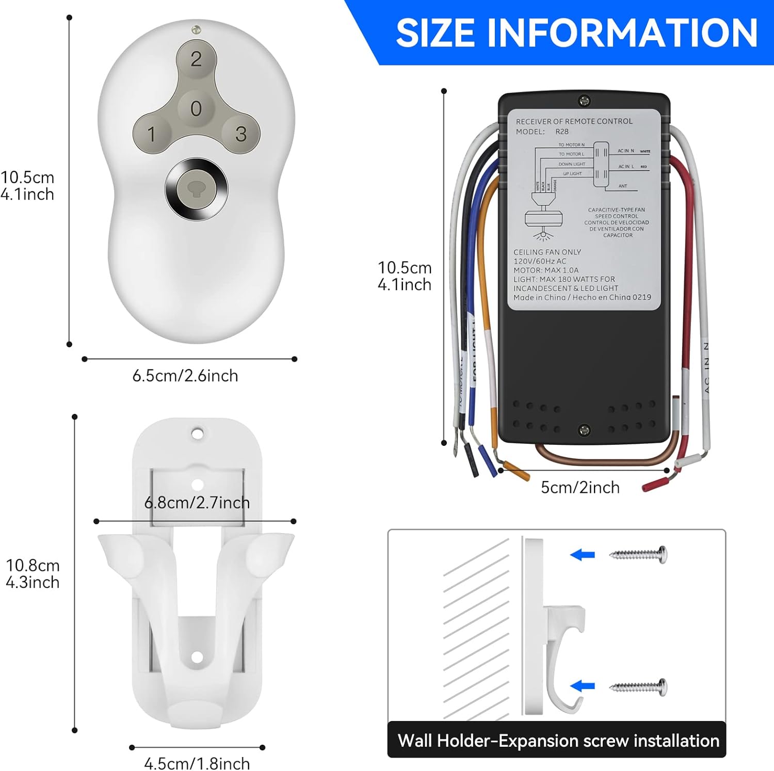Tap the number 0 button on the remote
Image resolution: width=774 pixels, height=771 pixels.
[196, 108]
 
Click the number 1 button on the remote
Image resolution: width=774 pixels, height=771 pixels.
[151, 135]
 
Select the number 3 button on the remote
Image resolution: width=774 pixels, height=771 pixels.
[241, 134]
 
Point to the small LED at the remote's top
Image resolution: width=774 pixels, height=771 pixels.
[196, 30]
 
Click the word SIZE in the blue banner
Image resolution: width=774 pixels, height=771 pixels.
[435, 33]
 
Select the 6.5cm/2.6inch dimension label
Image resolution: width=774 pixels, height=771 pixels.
[185, 376]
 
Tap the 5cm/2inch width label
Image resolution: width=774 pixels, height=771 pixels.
[580, 487]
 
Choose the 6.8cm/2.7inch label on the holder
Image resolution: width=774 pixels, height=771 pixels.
[197, 503]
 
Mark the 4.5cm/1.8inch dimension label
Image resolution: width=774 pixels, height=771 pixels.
[197, 763]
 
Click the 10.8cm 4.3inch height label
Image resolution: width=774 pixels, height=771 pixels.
[33, 574]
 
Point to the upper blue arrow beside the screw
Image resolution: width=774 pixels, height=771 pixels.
[583, 555]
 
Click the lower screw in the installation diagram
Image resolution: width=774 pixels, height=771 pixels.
[639, 687]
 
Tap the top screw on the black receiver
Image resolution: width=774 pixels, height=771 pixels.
[584, 101]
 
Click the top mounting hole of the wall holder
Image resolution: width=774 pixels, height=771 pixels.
[197, 433]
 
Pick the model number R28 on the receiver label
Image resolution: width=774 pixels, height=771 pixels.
[562, 132]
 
